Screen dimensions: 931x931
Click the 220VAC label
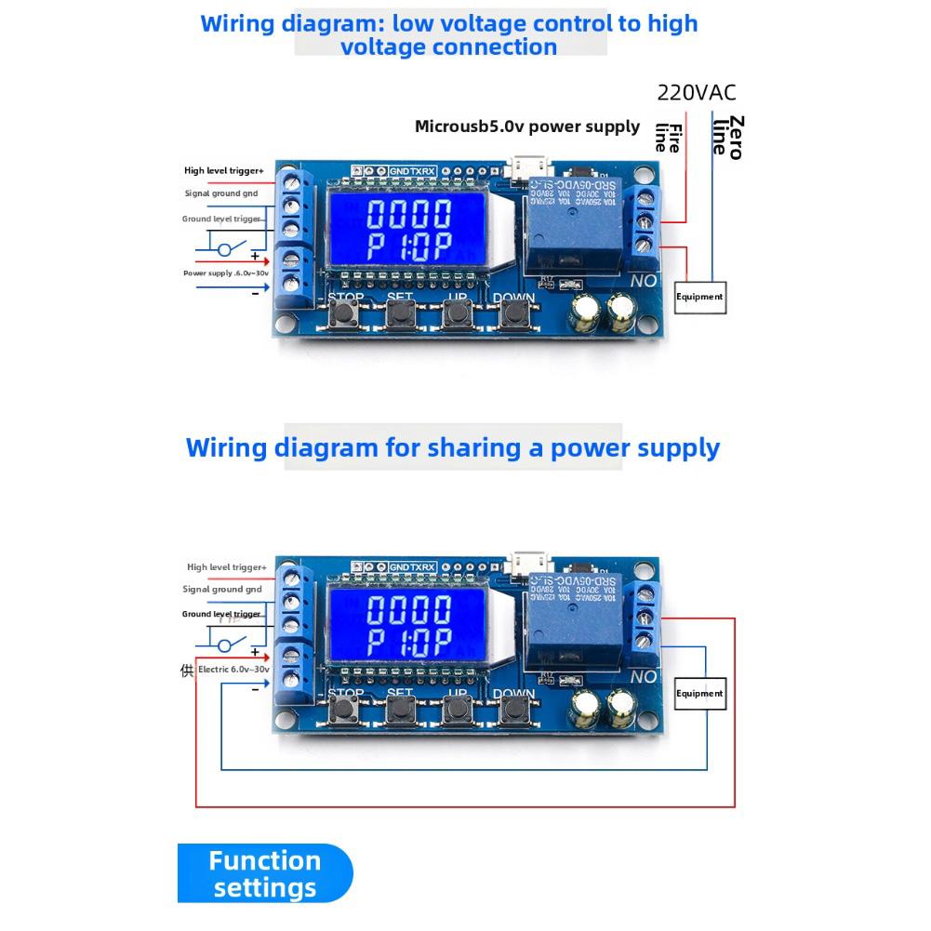(x=696, y=92)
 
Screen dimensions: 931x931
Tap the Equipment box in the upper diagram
(x=699, y=297)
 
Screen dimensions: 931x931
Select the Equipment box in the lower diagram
(x=699, y=693)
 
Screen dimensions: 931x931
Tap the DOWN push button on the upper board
(x=512, y=314)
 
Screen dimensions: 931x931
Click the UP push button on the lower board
(x=456, y=711)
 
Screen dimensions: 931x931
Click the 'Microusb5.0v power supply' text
(x=527, y=126)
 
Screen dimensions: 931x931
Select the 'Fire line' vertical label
(x=668, y=137)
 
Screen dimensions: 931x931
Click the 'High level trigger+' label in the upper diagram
(x=224, y=171)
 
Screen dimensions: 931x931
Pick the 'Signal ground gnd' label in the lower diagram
(x=222, y=590)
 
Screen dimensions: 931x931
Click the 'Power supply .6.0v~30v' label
(x=226, y=273)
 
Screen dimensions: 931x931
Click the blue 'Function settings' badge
(x=265, y=873)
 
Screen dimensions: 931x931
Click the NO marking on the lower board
(x=644, y=677)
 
